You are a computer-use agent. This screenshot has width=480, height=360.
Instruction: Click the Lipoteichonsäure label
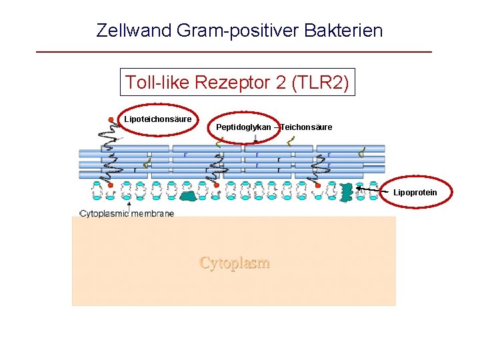[x=158, y=119]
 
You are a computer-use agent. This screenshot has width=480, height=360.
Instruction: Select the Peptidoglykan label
[x=244, y=127]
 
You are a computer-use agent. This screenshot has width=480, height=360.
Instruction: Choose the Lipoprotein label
[x=415, y=193]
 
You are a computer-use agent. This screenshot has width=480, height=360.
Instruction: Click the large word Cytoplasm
[x=235, y=263]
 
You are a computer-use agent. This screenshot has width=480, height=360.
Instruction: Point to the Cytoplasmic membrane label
[x=127, y=213]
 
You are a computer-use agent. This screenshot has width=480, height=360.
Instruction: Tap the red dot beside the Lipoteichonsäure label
[x=111, y=119]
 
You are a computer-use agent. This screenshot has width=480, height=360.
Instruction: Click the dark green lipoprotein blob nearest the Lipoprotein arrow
[x=347, y=192]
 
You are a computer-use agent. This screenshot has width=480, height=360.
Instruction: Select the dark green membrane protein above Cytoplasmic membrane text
[x=190, y=195]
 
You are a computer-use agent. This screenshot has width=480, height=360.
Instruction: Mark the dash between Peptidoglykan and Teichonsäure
[x=276, y=127]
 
